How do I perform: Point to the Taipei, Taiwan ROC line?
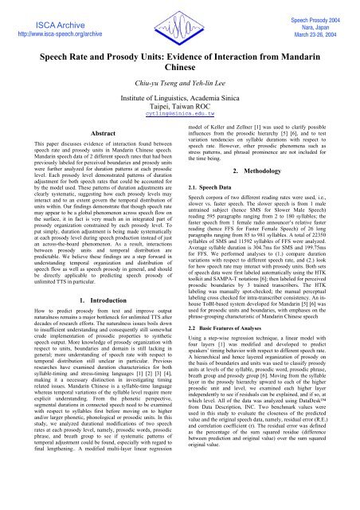179,130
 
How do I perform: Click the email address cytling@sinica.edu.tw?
179,139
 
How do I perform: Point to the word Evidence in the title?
185,66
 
